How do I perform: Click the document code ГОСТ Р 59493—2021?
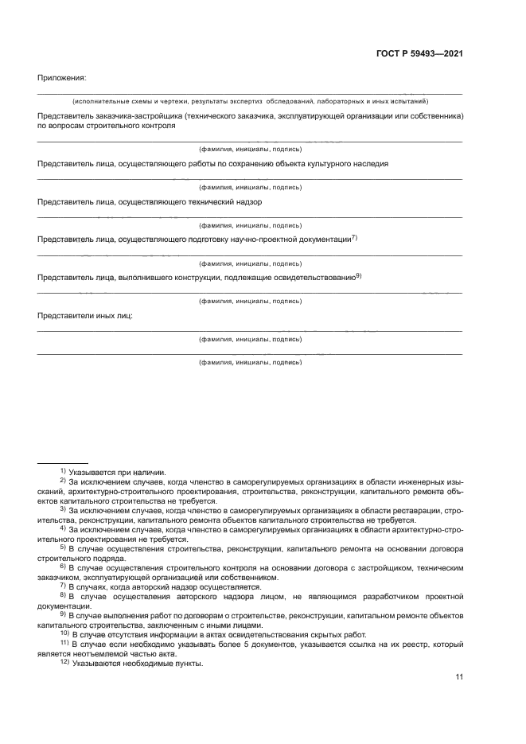point(419,54)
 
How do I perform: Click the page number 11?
point(459,677)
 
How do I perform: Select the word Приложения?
point(61,77)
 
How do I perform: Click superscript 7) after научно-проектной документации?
point(355,237)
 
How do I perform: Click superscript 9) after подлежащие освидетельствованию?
point(359,275)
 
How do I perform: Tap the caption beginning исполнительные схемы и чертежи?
point(250,102)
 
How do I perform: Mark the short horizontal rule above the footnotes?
point(63,462)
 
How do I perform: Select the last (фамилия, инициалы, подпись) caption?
point(250,362)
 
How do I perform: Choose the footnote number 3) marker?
point(63,508)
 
